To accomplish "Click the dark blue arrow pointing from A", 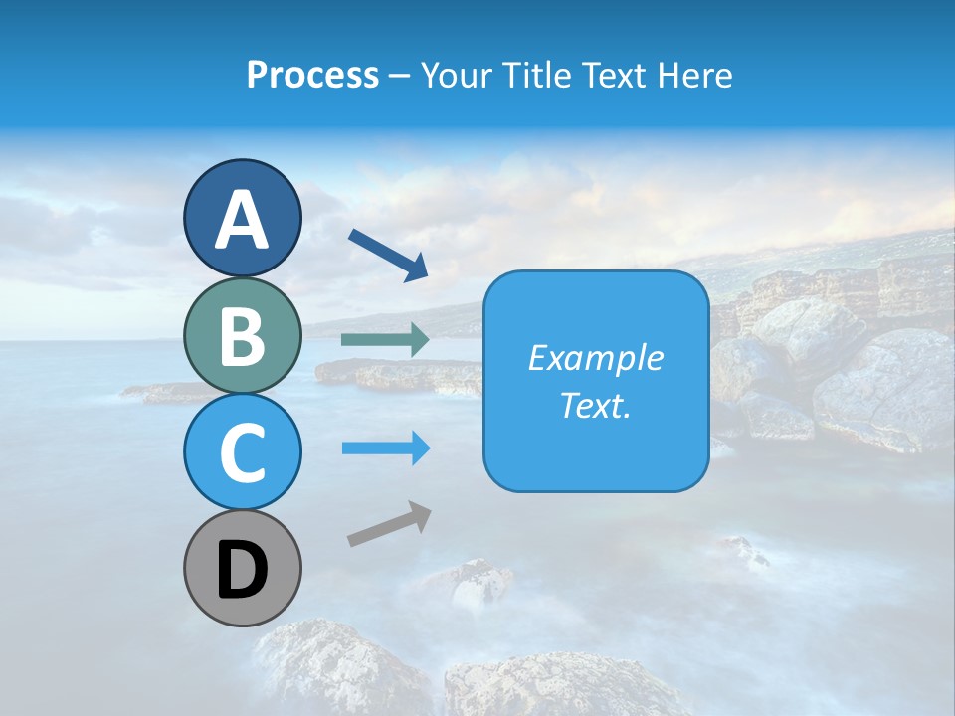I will tap(388, 254).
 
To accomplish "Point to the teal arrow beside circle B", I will tap(385, 340).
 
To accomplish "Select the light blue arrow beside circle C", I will tap(385, 448).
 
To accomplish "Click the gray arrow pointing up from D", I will tap(389, 524).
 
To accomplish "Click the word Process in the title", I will tap(312, 75).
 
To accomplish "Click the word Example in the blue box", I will tap(595, 358).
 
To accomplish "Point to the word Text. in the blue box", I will tap(595, 405).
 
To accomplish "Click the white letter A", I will tap(242, 220).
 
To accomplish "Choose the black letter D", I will tap(242, 570).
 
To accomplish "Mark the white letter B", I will tap(242, 337).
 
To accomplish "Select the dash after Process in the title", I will tap(399, 76).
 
